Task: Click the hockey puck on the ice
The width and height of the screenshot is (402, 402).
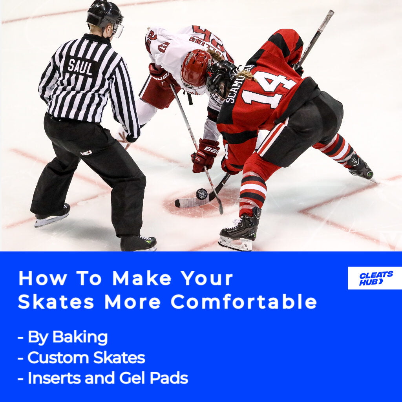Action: click(x=201, y=194)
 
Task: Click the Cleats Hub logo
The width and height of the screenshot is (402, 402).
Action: click(x=375, y=278)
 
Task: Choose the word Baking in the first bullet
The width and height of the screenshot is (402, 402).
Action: click(x=80, y=337)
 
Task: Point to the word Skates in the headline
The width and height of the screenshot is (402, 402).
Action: click(x=56, y=301)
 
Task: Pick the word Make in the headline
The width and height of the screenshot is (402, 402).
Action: click(x=142, y=278)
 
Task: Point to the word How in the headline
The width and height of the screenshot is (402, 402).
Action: click(x=42, y=278)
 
